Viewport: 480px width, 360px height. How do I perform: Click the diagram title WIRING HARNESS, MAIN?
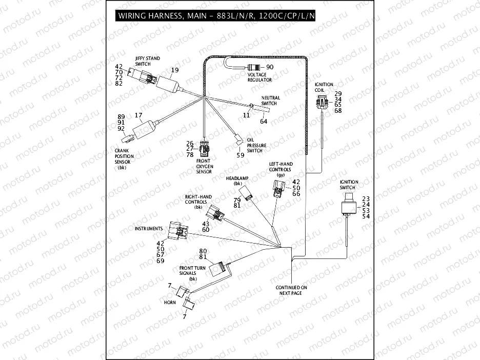click(x=216, y=15)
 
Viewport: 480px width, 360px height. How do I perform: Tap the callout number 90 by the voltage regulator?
click(x=271, y=68)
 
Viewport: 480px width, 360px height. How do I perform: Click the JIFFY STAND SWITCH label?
click(x=147, y=61)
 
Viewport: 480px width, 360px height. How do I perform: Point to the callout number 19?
click(x=175, y=70)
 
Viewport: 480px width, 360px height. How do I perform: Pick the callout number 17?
click(x=138, y=116)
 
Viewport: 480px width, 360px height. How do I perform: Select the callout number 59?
click(x=239, y=155)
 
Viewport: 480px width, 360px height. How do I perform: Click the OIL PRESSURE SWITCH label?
click(x=256, y=145)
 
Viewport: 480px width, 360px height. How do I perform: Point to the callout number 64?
click(x=264, y=122)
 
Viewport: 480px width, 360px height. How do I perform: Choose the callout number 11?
click(x=246, y=115)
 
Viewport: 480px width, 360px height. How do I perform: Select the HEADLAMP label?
click(x=237, y=180)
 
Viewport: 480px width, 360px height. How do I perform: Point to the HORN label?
click(x=170, y=303)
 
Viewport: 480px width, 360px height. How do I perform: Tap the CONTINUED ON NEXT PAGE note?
click(x=291, y=290)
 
